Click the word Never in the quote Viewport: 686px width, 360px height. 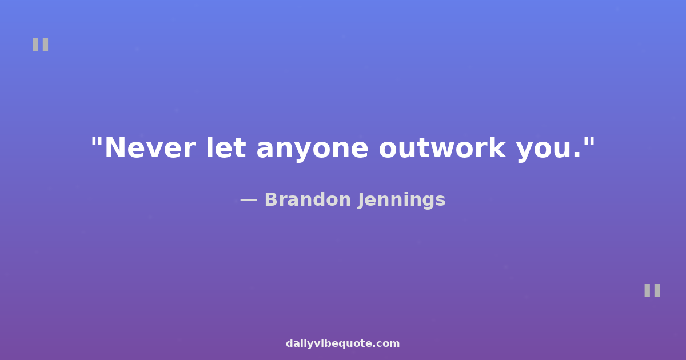pyautogui.click(x=150, y=148)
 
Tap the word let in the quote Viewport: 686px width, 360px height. pyautogui.click(x=226, y=147)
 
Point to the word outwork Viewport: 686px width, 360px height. pyautogui.click(x=442, y=148)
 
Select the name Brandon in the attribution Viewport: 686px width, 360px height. pyautogui.click(x=308, y=199)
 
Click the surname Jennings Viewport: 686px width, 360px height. pyautogui.click(x=401, y=201)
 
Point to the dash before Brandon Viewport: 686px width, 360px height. pyautogui.click(x=248, y=201)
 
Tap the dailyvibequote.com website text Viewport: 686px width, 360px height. pyautogui.click(x=342, y=344)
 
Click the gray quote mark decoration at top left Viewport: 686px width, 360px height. pyautogui.click(x=41, y=45)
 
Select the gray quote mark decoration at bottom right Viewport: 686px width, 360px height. pyautogui.click(x=652, y=290)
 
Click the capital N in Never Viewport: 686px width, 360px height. pyautogui.click(x=115, y=148)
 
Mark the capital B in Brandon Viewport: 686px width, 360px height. pyautogui.click(x=272, y=200)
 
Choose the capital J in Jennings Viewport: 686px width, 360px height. pyautogui.click(x=361, y=201)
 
